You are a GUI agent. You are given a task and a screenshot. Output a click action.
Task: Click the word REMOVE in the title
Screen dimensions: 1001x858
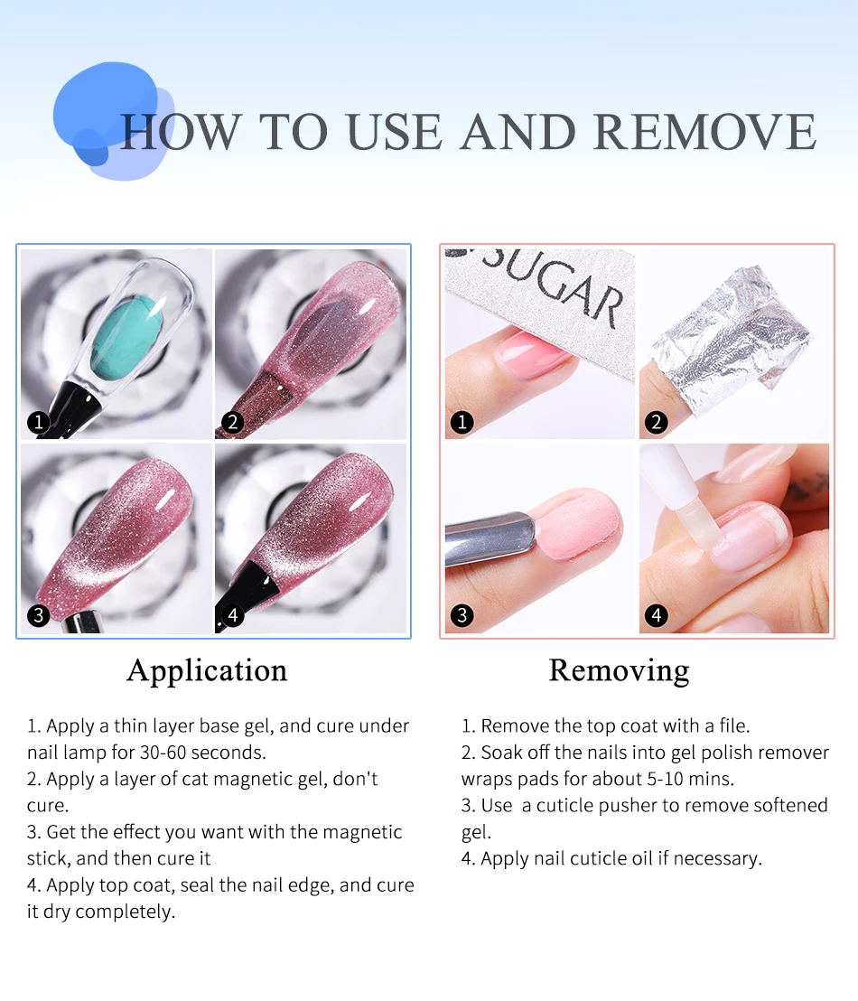tap(705, 132)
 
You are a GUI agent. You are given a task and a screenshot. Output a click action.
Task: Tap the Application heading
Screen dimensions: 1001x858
tap(207, 670)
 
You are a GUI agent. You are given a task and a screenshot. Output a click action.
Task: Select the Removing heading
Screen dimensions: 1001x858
tap(619, 670)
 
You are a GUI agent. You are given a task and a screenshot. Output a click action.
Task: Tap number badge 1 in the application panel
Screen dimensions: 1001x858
tap(38, 421)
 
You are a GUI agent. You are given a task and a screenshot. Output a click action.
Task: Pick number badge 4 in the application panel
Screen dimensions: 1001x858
tap(233, 615)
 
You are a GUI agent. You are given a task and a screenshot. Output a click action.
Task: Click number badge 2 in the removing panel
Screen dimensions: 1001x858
tap(657, 421)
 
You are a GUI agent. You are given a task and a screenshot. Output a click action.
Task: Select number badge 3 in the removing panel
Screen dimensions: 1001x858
tap(462, 615)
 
